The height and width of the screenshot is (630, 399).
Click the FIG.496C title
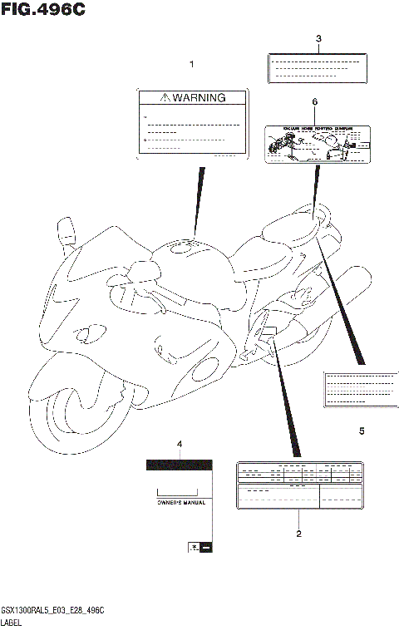click(43, 10)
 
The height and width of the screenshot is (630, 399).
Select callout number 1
click(192, 64)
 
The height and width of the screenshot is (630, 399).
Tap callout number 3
click(318, 39)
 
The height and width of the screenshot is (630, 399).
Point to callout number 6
click(315, 101)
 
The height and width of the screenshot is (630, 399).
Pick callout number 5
click(362, 431)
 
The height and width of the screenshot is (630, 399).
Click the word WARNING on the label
click(199, 97)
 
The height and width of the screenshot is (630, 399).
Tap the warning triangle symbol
click(166, 97)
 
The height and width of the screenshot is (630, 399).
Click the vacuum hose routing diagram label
click(316, 143)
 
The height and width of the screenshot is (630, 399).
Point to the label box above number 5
click(360, 387)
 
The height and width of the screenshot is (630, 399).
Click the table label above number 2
click(300, 485)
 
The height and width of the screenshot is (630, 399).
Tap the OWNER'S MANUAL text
click(181, 503)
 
